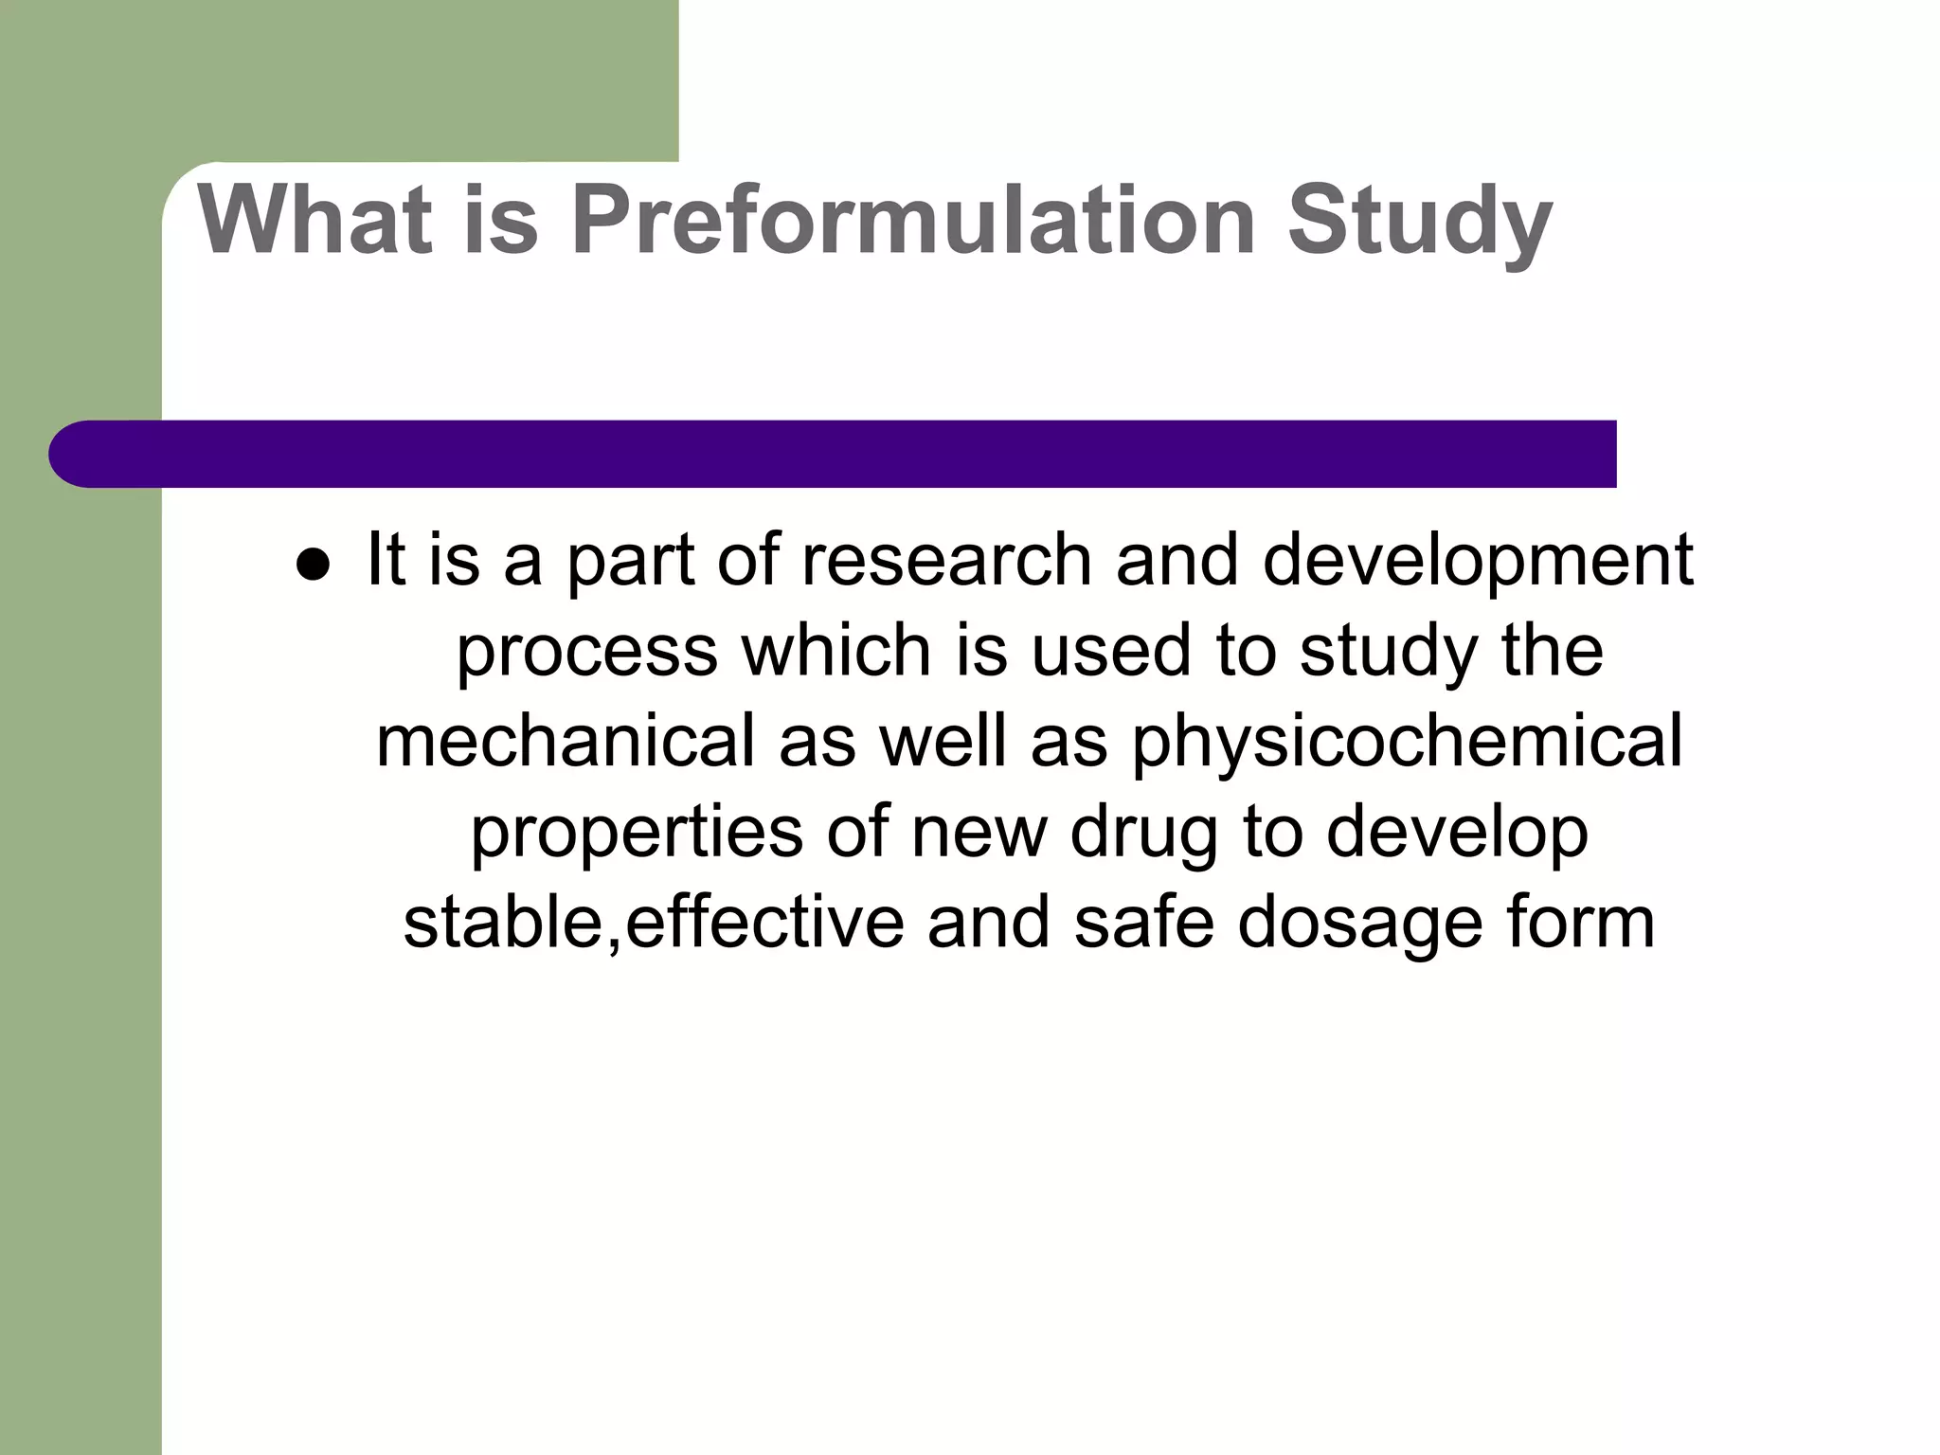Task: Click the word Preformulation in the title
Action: point(914,220)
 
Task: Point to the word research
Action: point(947,560)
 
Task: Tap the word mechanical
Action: point(566,741)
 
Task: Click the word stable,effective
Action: point(654,923)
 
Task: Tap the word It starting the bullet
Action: point(386,560)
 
